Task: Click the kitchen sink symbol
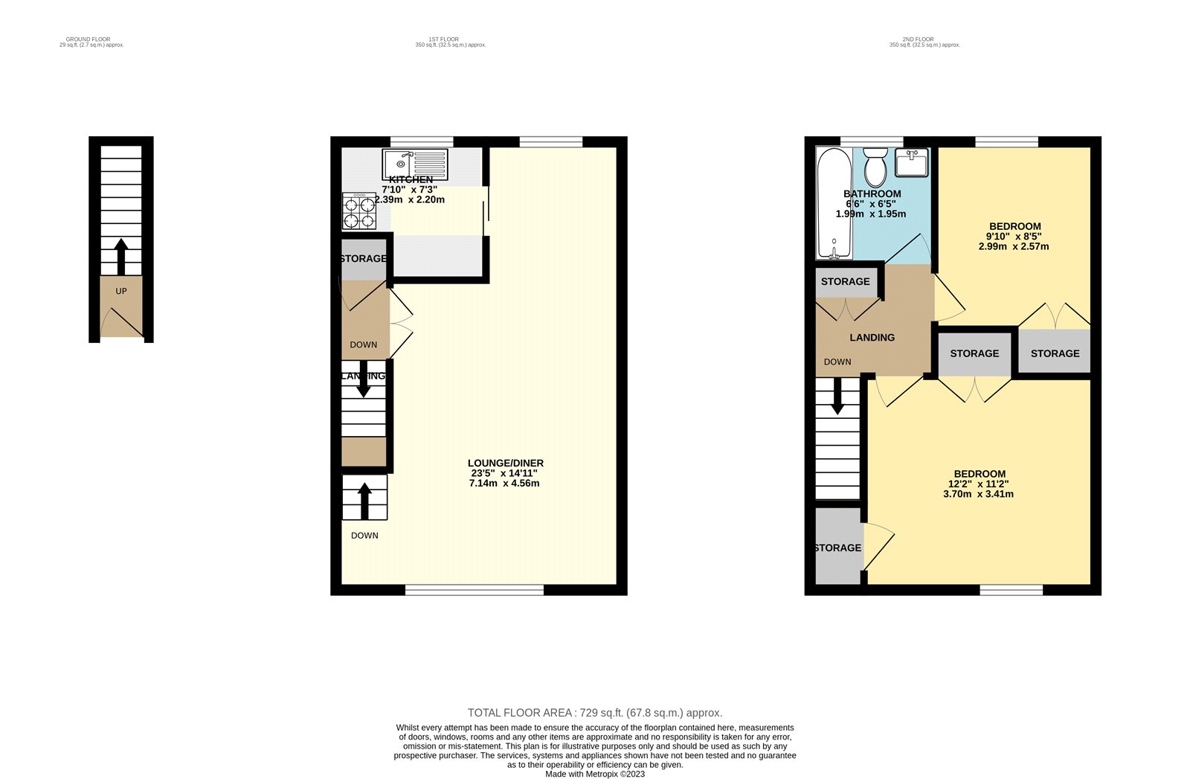point(415,164)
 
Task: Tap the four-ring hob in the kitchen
point(359,211)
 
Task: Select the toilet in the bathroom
point(875,167)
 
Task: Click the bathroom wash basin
point(911,163)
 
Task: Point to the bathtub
point(834,202)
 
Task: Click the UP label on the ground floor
point(121,291)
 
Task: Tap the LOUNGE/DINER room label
point(506,463)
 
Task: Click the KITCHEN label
point(411,179)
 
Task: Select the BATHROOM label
point(872,193)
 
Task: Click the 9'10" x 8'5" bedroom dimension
point(1014,237)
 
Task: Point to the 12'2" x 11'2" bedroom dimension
point(980,484)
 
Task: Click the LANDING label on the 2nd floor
point(872,337)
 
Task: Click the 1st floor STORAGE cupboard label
point(363,258)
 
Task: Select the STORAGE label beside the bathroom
point(845,281)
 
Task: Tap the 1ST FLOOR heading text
point(443,39)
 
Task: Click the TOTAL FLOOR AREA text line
point(595,713)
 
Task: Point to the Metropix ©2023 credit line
point(595,774)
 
